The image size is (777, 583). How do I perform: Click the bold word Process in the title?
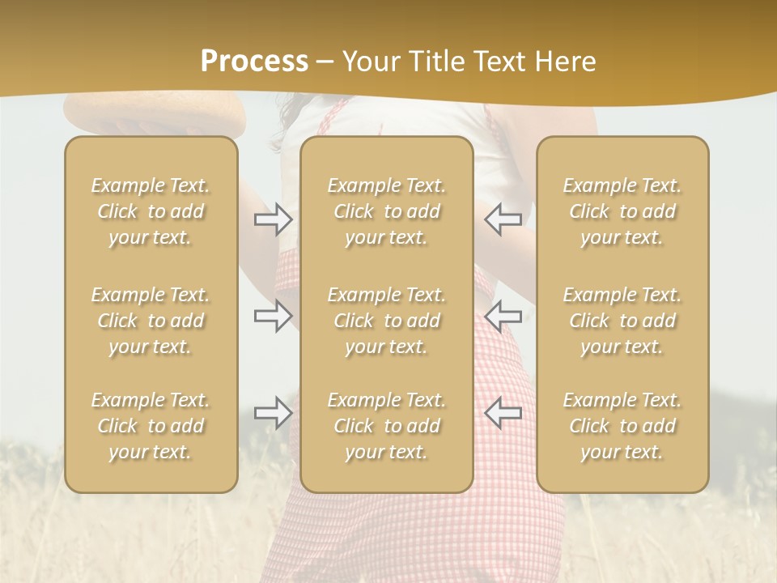(x=254, y=62)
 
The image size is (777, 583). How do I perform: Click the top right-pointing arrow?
(x=274, y=219)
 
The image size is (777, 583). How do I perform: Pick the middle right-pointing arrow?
(x=274, y=317)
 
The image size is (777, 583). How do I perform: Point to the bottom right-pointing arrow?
(x=274, y=413)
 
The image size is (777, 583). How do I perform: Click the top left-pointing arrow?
(x=503, y=219)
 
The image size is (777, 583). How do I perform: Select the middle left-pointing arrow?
(x=503, y=317)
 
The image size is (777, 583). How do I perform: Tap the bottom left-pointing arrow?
(x=503, y=413)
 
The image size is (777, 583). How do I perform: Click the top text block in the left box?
(x=151, y=211)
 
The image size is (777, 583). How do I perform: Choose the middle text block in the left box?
(x=151, y=321)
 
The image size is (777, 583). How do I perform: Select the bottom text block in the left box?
(x=151, y=426)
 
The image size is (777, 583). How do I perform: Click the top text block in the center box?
(x=386, y=211)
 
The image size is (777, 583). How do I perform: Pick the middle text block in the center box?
(x=386, y=321)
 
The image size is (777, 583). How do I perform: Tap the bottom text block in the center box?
(x=386, y=426)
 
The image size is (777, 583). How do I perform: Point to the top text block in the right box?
(x=622, y=211)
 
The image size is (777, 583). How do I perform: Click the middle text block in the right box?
(x=622, y=321)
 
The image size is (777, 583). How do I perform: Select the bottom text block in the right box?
(x=622, y=426)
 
